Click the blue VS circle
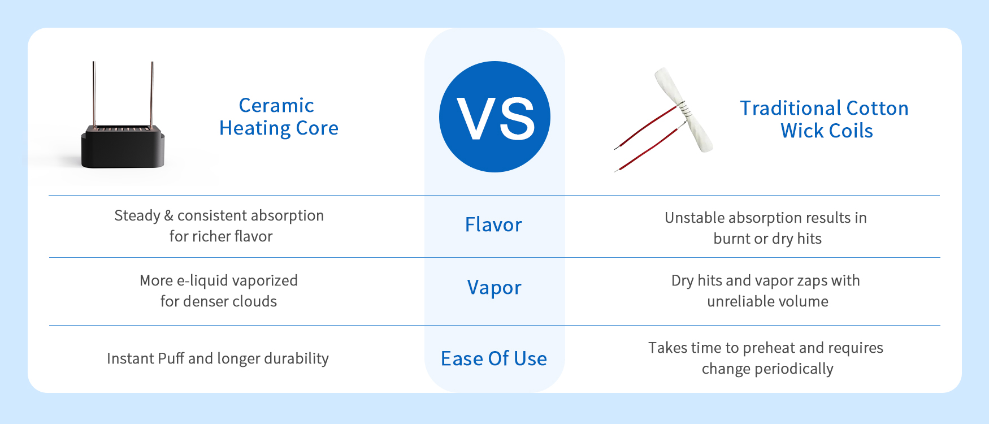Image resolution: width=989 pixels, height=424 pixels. point(494,116)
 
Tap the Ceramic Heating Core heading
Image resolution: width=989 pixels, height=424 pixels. point(279,117)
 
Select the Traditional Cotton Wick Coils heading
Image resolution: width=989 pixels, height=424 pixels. point(825,119)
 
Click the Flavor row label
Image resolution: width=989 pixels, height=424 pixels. point(493,224)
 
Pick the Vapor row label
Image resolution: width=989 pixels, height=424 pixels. point(494,288)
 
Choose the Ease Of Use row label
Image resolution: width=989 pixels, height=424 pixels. point(494,358)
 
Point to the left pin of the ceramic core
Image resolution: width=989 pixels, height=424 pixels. point(94,94)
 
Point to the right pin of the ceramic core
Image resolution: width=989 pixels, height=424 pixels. point(151,94)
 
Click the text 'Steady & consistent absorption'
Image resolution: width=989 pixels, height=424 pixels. point(219,215)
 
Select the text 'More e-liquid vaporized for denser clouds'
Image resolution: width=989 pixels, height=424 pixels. point(219,291)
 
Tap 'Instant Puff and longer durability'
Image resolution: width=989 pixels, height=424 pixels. point(218,358)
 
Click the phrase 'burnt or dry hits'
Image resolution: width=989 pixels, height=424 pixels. point(767,239)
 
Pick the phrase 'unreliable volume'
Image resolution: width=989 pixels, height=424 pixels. point(767,301)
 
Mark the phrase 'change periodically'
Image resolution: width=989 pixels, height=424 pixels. point(767,369)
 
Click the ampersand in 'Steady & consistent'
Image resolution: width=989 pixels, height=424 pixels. point(168,215)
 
